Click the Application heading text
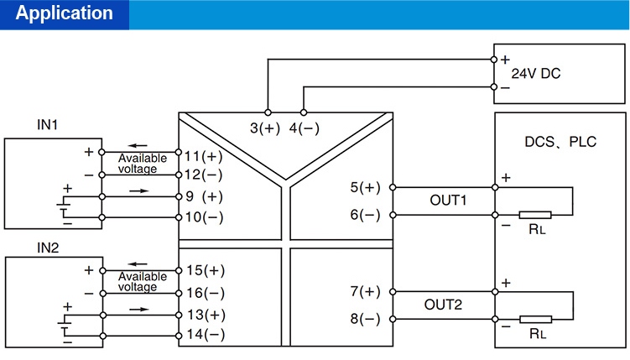(x=65, y=13)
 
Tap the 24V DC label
(x=536, y=74)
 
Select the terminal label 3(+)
(x=266, y=128)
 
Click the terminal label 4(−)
(x=304, y=128)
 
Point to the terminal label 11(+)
(x=205, y=156)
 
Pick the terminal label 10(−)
(x=205, y=217)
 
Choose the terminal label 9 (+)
(x=204, y=197)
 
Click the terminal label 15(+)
(x=205, y=271)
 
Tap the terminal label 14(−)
(x=205, y=334)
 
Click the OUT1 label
(x=447, y=201)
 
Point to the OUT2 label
(x=447, y=305)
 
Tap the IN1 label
(x=47, y=125)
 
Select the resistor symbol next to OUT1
(x=534, y=215)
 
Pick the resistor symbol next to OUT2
(x=534, y=319)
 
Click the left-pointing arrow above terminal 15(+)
(x=137, y=263)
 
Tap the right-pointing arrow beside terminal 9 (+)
(x=139, y=191)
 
